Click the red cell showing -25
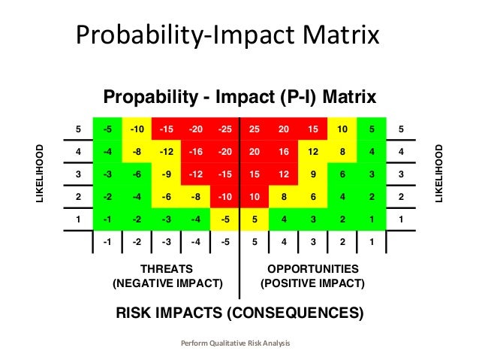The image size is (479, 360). point(224,129)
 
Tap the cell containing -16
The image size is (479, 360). point(195,151)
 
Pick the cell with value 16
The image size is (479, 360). point(283,151)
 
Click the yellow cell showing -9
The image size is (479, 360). point(167,174)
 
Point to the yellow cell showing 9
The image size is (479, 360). point(312,174)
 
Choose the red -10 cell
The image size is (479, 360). point(224,197)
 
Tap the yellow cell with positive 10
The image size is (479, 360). point(342,129)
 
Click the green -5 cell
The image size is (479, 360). point(107,129)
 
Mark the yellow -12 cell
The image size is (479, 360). point(167,151)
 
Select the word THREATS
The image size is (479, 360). point(167,268)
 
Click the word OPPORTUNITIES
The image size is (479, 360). point(312,268)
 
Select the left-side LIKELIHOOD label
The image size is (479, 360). point(41,174)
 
